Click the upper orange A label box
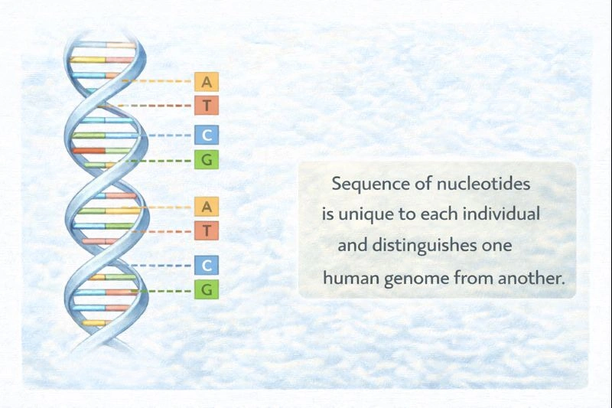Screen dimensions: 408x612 coord(207,82)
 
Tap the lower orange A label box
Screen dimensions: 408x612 coord(207,207)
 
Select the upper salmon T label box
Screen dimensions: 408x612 coord(207,106)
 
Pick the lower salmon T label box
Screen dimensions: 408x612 coord(207,230)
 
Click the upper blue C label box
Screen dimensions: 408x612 coord(207,135)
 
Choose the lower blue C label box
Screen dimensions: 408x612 coord(207,266)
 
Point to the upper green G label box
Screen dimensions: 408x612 coord(207,160)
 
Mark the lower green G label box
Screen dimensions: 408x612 coord(207,290)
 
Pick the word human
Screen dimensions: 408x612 coord(347,278)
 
